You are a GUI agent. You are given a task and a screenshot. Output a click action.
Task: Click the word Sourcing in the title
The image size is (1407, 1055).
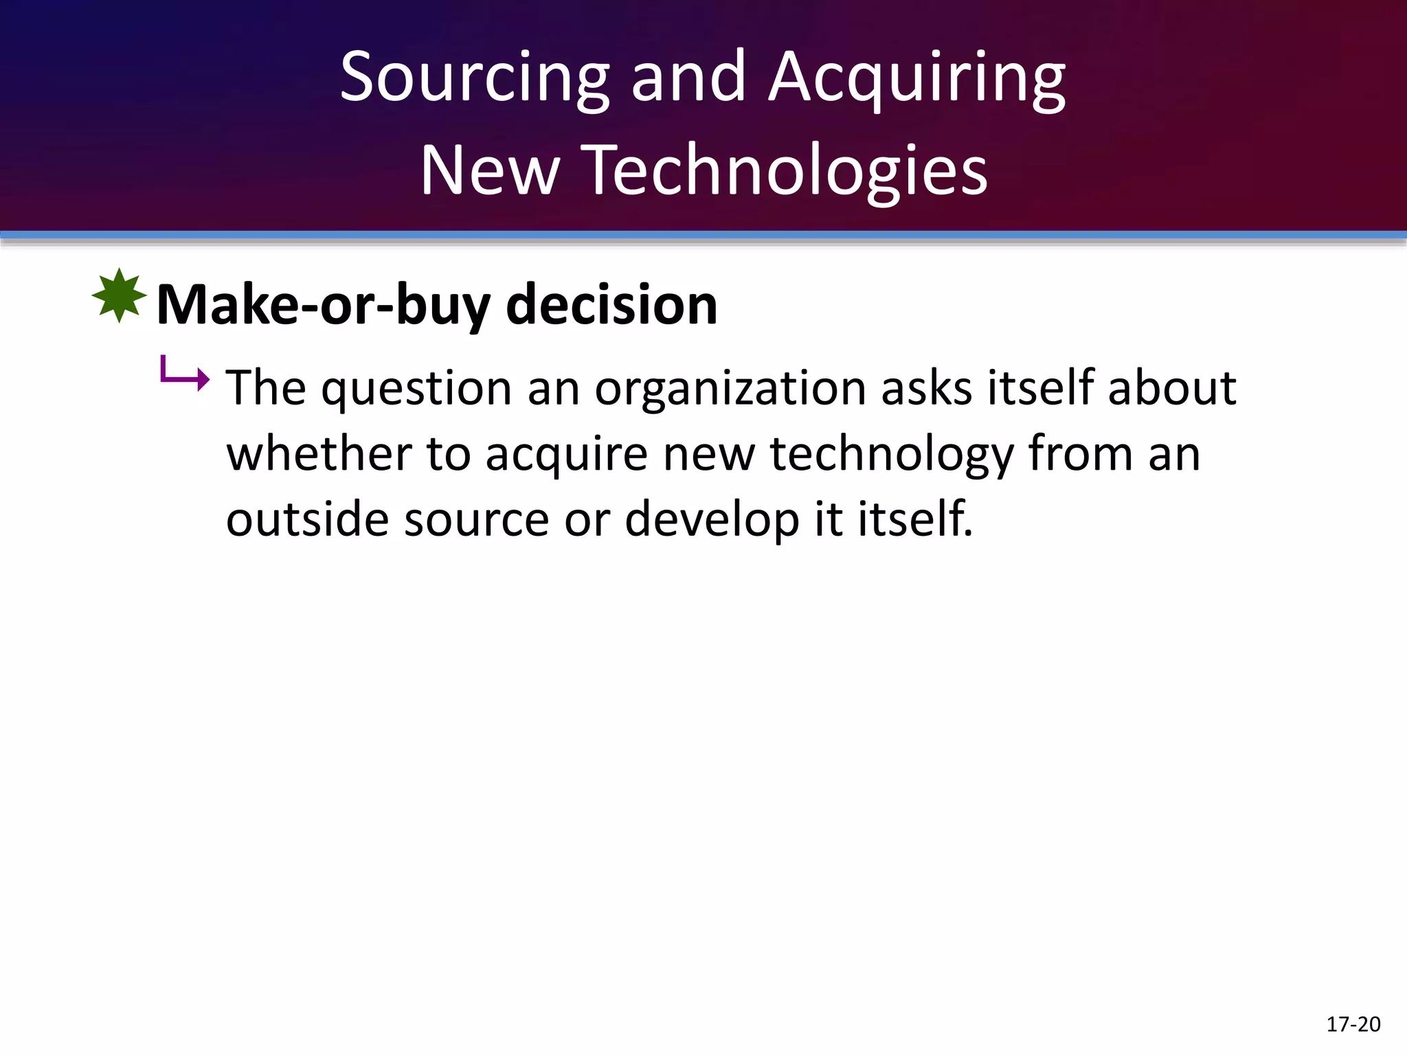pyautogui.click(x=474, y=78)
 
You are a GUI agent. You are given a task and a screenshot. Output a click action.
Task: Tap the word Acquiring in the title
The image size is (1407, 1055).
pyautogui.click(x=917, y=78)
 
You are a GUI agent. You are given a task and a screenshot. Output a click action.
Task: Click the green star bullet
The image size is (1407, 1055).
pyautogui.click(x=119, y=296)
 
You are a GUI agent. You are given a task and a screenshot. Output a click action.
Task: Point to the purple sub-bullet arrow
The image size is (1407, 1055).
pyautogui.click(x=184, y=375)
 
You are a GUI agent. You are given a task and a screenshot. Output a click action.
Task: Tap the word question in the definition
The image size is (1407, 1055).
pyautogui.click(x=416, y=389)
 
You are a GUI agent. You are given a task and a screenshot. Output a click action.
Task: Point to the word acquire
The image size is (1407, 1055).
pyautogui.click(x=566, y=455)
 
